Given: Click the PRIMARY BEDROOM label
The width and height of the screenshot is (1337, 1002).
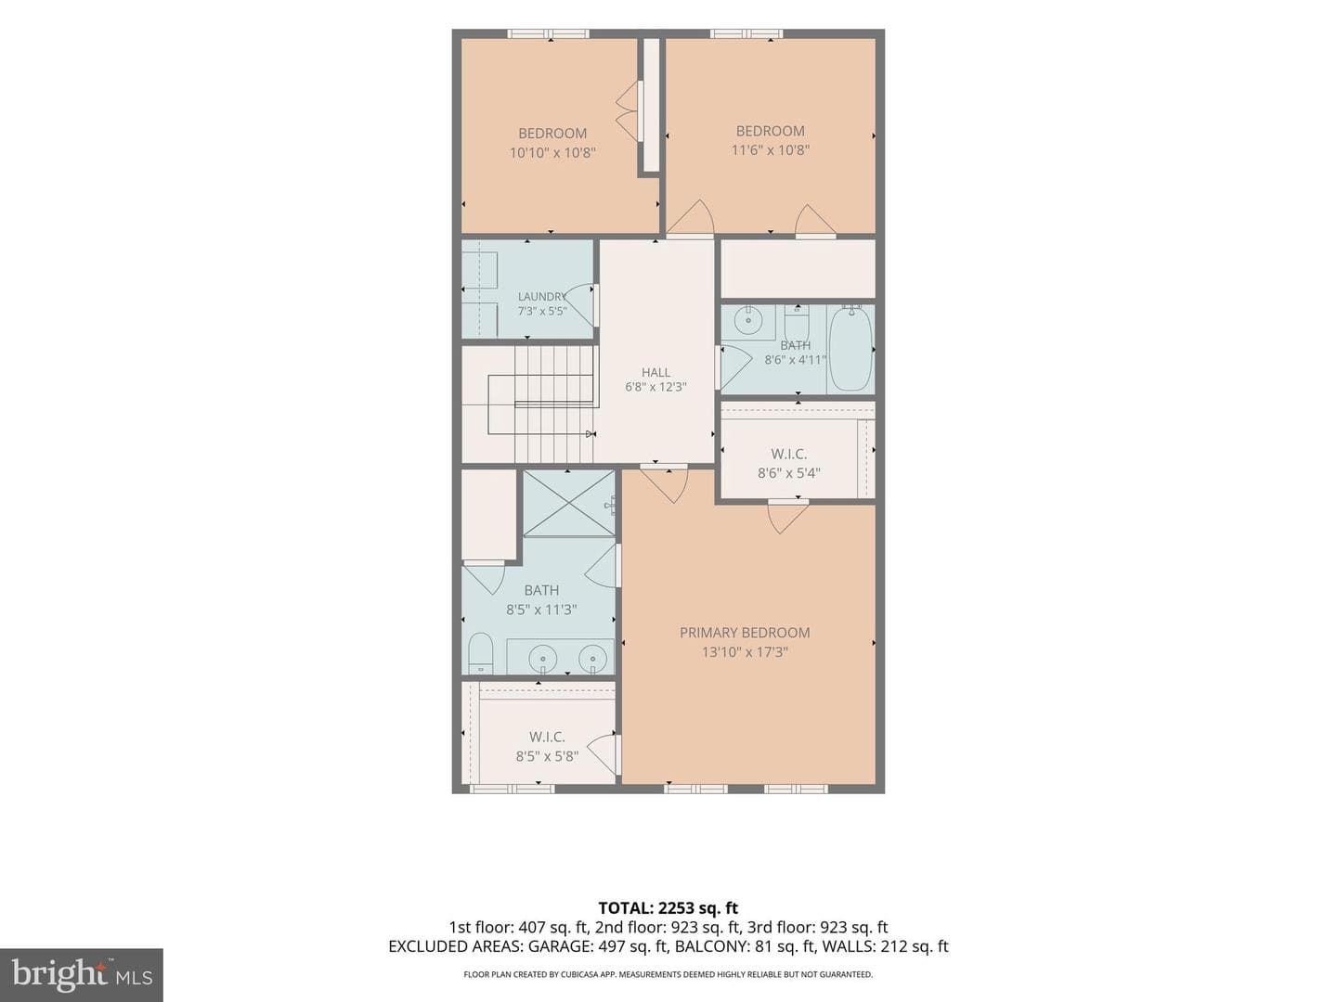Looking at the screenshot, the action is pos(745,633).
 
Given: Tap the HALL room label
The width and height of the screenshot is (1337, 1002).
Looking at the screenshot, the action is pos(656,372).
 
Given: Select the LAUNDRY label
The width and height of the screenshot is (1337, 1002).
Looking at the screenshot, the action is pos(542,296).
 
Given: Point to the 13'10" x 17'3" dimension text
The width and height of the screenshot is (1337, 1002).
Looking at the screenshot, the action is pos(745,652).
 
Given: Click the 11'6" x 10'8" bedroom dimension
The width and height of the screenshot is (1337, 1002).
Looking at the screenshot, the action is pos(770,149).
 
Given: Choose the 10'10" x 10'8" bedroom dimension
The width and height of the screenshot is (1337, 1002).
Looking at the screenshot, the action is pos(552,152).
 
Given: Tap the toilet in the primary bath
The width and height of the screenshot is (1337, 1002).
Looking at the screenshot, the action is pos(480,654).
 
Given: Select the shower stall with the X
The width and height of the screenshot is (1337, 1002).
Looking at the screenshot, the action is pos(568,503).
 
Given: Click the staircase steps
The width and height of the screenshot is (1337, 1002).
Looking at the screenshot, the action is pos(553,404).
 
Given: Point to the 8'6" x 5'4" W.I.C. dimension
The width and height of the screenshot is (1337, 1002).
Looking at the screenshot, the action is pos(789,473).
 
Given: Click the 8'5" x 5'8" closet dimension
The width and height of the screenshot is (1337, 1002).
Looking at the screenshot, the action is pos(547,756).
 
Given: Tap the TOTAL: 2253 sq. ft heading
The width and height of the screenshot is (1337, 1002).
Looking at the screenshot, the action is pos(668,908).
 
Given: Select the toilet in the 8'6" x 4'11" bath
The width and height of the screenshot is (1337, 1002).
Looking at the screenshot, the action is pos(796,325).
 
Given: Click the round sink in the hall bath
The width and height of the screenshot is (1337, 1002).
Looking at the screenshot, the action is pos(747,319).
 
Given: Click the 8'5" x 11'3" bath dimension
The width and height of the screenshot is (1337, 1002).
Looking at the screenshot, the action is pos(541,610).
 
